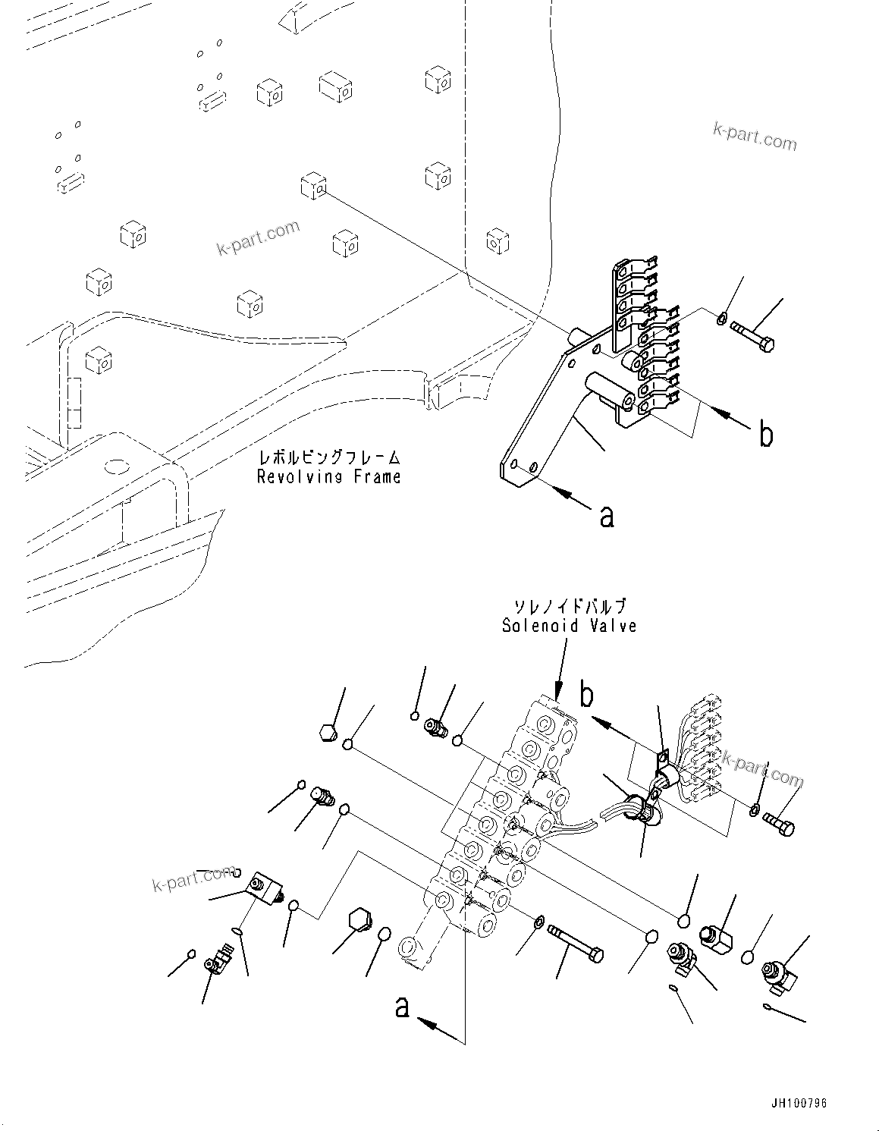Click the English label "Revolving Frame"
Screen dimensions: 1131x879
(x=328, y=477)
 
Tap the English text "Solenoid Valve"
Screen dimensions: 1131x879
(x=568, y=626)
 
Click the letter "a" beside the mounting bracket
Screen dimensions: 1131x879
(x=606, y=517)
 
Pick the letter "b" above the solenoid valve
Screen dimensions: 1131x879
(x=586, y=694)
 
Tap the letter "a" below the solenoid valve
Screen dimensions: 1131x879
(x=402, y=1008)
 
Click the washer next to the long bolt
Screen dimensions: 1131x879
(x=537, y=922)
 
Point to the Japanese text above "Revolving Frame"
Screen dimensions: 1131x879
(x=328, y=458)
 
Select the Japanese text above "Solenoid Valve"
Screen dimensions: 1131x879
(x=569, y=606)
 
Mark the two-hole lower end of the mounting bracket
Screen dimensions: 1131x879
(x=521, y=468)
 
